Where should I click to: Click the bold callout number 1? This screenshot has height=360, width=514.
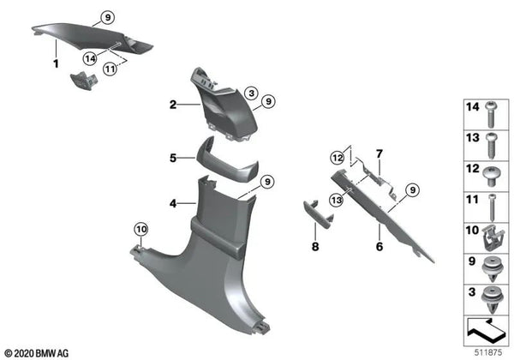pos(56,64)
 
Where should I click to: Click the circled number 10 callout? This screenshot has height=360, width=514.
pos(141,229)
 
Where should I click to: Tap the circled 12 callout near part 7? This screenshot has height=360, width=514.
pos(338,158)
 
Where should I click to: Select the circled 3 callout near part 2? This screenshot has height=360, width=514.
pos(251,93)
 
